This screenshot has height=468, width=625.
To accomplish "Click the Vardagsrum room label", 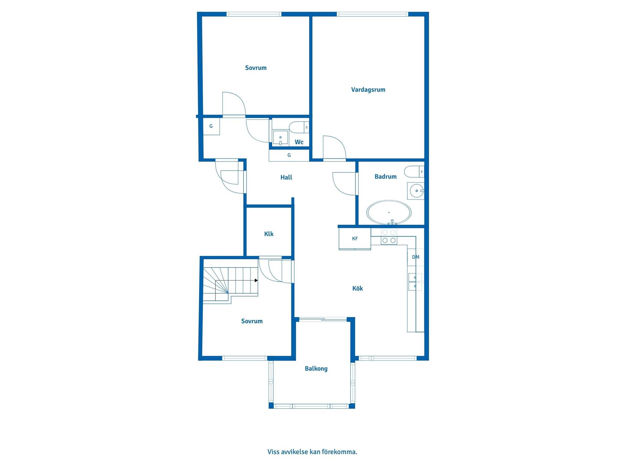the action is click(368, 90).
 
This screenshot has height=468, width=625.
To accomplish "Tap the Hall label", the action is click(286, 177).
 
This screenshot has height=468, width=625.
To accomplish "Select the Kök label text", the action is click(357, 288).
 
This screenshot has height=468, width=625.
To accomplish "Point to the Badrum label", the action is click(385, 176).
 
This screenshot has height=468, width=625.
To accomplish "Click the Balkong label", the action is click(316, 369).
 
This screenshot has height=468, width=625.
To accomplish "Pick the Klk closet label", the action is click(269, 234).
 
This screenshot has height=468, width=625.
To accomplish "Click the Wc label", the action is click(299, 142).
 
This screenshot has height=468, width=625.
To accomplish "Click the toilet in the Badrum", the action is click(414, 172).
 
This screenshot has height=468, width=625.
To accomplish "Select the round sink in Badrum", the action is click(416, 191).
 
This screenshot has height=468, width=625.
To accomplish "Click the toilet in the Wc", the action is click(299, 127).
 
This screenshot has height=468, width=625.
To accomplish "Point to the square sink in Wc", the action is click(280, 138).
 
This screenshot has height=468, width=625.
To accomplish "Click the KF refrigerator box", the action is click(355, 239).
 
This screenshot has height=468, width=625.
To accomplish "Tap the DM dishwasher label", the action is click(416, 257).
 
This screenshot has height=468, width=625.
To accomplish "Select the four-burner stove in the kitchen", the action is click(389, 236).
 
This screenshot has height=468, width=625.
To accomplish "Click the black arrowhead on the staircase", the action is click(256, 280).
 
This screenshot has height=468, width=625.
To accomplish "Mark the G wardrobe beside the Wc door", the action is click(211, 126).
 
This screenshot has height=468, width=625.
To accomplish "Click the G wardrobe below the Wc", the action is click(289, 155).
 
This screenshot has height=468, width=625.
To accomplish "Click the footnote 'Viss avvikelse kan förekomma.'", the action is click(312, 452).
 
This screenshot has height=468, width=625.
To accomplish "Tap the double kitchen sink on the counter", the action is click(415, 282).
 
